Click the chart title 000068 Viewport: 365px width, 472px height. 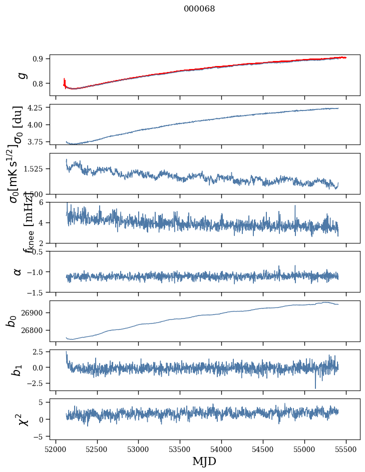pyautogui.click(x=199, y=8)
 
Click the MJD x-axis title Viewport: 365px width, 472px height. pyautogui.click(x=204, y=461)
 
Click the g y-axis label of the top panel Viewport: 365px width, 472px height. pyautogui.click(x=21, y=75)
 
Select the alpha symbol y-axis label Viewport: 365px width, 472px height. pyautogui.click(x=18, y=271)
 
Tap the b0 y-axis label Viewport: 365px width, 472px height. pyautogui.click(x=12, y=320)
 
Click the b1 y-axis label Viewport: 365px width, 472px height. pyautogui.click(x=18, y=369)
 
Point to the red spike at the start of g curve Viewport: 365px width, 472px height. pyautogui.click(x=64, y=81)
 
